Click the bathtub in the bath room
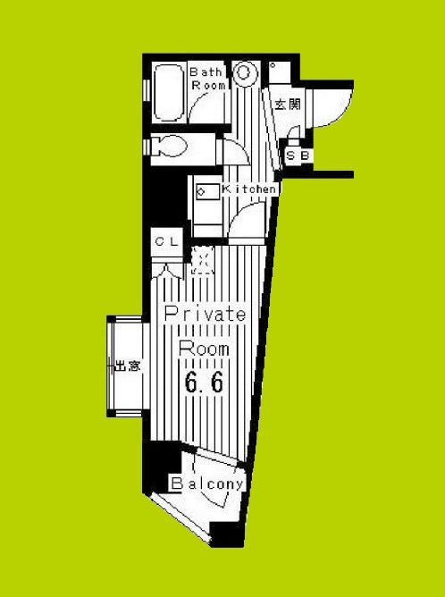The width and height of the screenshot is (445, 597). point(168,93)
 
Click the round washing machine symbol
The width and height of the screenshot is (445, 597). point(243,71)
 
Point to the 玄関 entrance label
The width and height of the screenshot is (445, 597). point(288,104)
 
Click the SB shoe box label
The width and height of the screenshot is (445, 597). point(298,156)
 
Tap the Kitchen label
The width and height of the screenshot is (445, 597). point(249,189)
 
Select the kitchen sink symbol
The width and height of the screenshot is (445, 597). point(207,191)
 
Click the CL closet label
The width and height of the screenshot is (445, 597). point(166,241)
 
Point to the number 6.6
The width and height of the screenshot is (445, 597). point(204,382)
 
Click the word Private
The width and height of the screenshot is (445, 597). point(205,315)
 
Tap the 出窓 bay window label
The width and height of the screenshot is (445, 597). point(128,366)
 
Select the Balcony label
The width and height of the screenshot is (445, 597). point(207,483)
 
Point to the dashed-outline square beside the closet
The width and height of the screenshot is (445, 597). point(202,261)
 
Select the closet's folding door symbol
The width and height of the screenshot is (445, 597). point(167,271)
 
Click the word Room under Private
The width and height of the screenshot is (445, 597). point(204,349)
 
